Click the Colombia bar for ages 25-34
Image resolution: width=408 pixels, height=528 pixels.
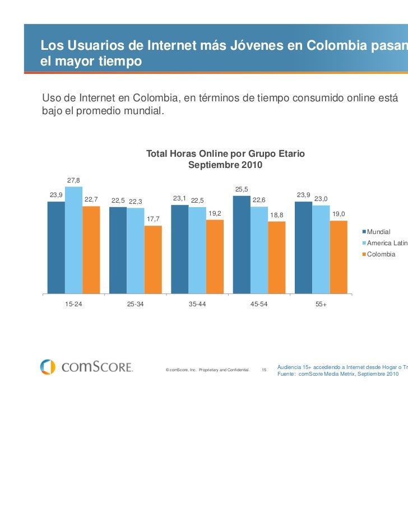pos(153,259)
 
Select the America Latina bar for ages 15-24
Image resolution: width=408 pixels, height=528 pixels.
pos(73,240)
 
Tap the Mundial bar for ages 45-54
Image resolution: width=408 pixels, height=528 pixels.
pos(242,244)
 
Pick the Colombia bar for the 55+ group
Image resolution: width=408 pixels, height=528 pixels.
pos(339,256)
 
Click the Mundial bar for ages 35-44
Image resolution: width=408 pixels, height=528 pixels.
pos(179,249)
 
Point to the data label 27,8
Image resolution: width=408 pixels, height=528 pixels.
pos(73,180)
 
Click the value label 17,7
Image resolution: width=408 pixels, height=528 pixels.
pos(153,219)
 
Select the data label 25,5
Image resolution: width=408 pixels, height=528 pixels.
pos(242,189)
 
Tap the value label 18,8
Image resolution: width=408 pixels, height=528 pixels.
pos(277,215)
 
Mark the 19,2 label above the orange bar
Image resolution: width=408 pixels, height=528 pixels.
pos(215,213)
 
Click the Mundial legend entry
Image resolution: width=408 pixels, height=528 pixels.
pos(379,231)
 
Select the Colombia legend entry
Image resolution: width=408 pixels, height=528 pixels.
pos(381,254)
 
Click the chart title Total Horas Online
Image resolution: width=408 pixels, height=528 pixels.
pos(225,153)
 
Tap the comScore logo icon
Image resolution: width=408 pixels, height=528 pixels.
pos(48,367)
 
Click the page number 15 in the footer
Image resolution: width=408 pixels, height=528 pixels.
pos(264,370)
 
